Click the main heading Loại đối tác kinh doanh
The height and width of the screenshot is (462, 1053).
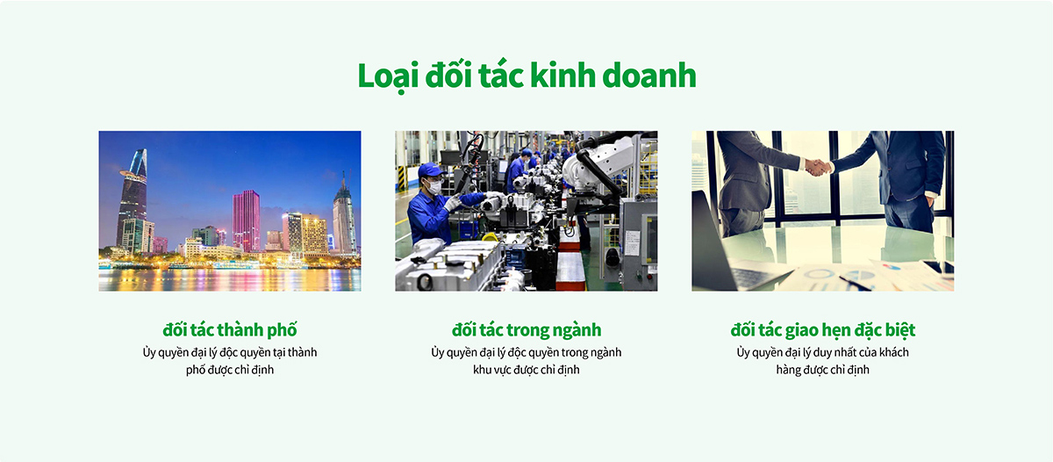coord(526,76)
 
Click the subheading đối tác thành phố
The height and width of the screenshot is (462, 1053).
coord(230,329)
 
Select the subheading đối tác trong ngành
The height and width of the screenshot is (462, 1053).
coord(526,330)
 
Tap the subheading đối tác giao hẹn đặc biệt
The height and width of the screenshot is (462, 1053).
coord(823,330)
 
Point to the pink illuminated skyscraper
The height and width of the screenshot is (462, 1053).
coord(246,220)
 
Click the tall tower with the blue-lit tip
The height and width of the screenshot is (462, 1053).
coord(133,198)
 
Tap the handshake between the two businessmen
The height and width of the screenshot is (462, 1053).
coord(818,167)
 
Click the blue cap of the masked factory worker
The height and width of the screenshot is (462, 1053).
coord(430,170)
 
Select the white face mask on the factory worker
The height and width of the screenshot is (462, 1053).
coord(433,187)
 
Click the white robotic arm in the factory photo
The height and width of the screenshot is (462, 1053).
coord(597,164)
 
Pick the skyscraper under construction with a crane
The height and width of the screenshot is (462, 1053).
coord(344,214)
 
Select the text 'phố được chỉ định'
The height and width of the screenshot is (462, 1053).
coord(230,371)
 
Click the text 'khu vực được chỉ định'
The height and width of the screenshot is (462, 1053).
coord(526,371)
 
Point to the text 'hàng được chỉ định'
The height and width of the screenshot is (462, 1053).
coord(823,371)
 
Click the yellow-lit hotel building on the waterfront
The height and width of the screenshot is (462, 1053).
coord(314,235)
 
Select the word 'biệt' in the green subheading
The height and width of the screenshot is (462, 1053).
coord(900,330)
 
